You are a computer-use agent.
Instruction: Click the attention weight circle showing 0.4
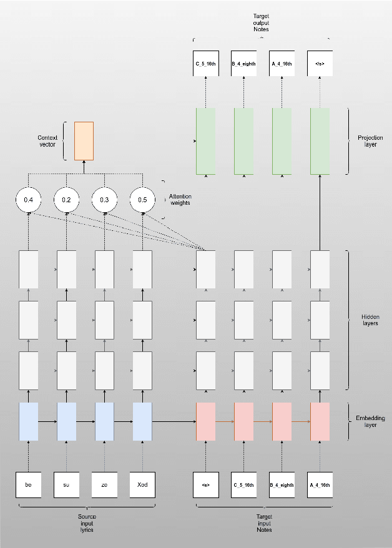click(28, 200)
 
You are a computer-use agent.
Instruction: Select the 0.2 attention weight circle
click(66, 200)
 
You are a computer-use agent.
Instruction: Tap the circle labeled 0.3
click(104, 200)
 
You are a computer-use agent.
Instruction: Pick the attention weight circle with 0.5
click(142, 200)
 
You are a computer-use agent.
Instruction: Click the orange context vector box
click(84, 140)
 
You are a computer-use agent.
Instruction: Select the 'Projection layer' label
click(370, 141)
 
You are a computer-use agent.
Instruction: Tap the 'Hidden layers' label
click(370, 320)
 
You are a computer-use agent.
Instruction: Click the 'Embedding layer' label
click(371, 421)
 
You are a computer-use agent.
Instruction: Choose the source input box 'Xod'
click(142, 485)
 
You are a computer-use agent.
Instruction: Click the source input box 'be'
click(28, 485)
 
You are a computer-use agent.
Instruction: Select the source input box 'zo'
click(104, 485)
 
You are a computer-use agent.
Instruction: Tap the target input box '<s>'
click(206, 485)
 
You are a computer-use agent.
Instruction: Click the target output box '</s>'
click(320, 64)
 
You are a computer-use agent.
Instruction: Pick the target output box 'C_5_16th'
click(206, 64)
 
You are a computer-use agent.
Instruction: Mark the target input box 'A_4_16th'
click(320, 485)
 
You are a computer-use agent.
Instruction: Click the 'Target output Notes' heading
click(262, 21)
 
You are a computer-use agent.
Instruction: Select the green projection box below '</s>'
click(320, 141)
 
